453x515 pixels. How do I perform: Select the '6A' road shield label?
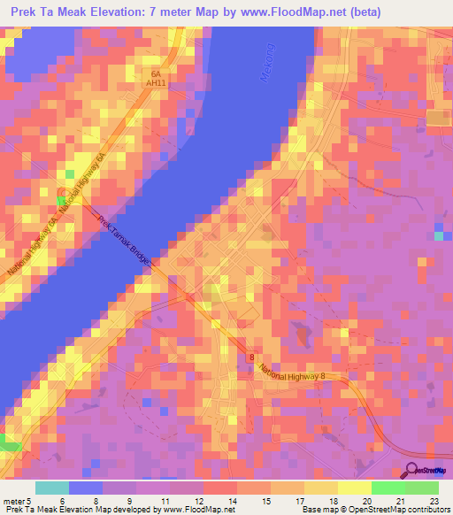(x=157, y=75)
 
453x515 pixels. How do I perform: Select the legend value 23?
(x=434, y=500)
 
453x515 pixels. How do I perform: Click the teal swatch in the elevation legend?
(x=51, y=488)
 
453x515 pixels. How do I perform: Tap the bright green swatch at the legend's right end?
(x=421, y=488)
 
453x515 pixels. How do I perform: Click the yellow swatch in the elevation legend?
(x=354, y=488)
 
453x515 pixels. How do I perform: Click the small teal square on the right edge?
(x=439, y=234)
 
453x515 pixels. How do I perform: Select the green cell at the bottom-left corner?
(x=9, y=442)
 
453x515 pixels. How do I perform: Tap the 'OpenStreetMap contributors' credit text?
(x=388, y=510)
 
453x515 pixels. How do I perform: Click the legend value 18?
(x=333, y=500)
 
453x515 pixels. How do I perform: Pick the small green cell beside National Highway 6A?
(x=59, y=201)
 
